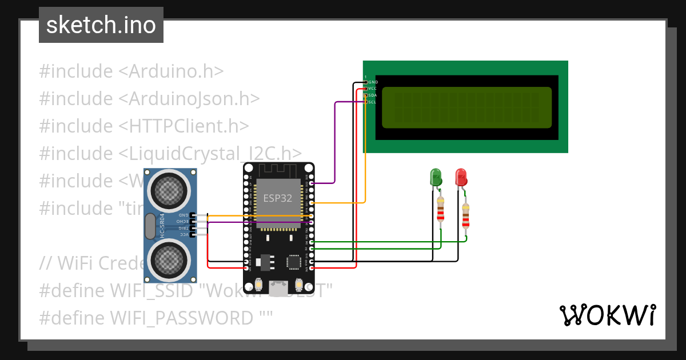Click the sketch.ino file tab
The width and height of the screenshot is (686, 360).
pyautogui.click(x=101, y=25)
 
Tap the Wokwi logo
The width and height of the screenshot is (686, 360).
pyautogui.click(x=607, y=315)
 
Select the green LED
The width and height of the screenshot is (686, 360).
pyautogui.click(x=436, y=177)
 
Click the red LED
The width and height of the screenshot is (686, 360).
pyautogui.click(x=461, y=177)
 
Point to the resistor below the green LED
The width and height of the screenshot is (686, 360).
pyautogui.click(x=440, y=210)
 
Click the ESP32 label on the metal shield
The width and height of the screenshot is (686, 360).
pyautogui.click(x=277, y=198)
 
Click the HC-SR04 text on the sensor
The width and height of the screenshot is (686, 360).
pyautogui.click(x=162, y=226)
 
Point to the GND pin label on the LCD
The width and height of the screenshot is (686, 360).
pyautogui.click(x=373, y=82)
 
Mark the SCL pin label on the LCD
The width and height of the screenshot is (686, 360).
pyautogui.click(x=372, y=102)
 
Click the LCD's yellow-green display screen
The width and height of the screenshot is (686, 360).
pyautogui.click(x=466, y=107)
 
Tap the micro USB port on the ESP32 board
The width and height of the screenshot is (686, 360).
pyautogui.click(x=280, y=289)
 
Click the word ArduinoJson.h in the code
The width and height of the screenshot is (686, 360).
pyautogui.click(x=189, y=99)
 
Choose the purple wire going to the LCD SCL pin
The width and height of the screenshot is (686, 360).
pyautogui.click(x=334, y=143)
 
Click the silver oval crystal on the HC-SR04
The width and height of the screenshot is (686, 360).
pyautogui.click(x=150, y=226)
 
